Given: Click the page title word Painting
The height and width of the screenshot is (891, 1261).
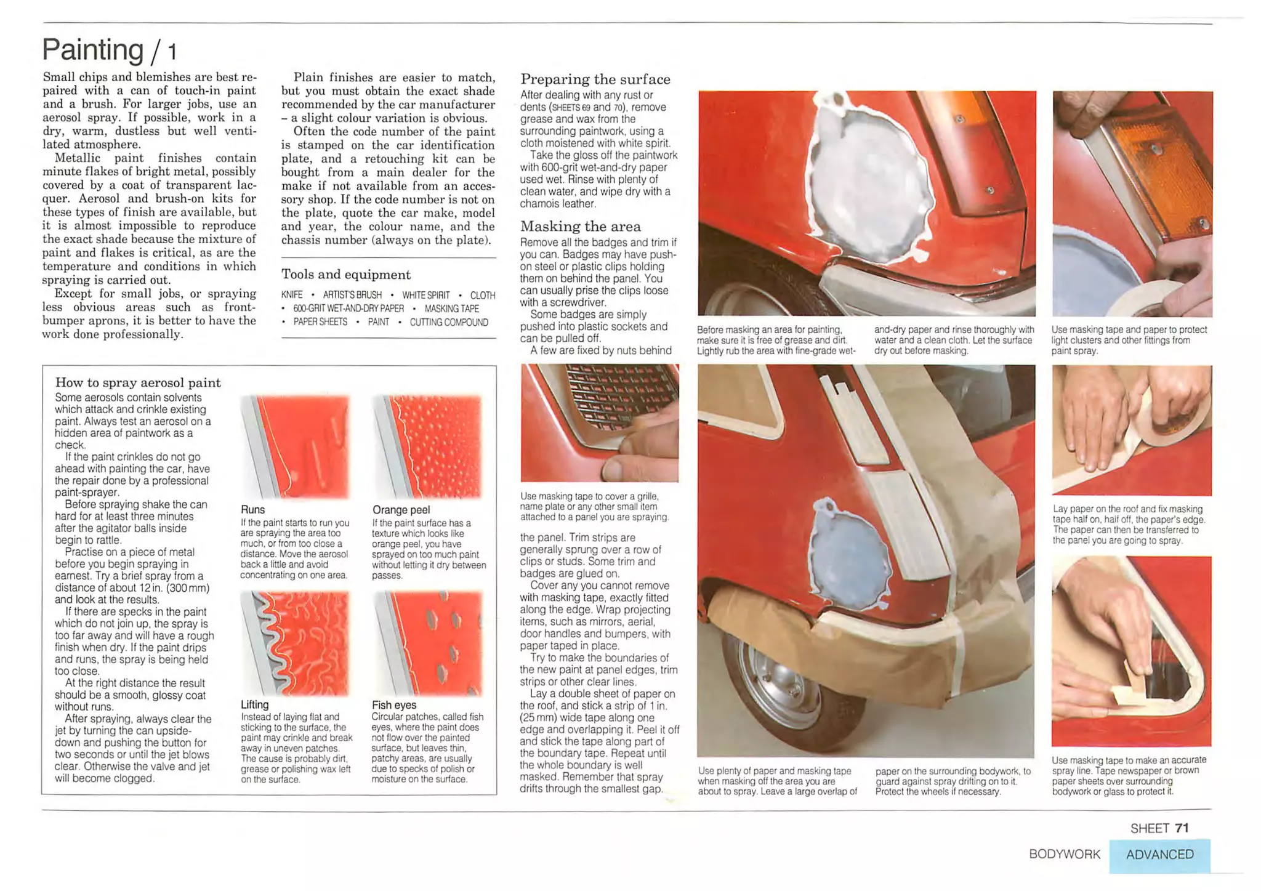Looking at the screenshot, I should tap(92, 49).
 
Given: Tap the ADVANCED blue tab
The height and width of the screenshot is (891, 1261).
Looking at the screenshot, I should tap(1159, 855).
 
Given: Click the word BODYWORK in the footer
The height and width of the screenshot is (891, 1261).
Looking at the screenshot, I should tap(1064, 855).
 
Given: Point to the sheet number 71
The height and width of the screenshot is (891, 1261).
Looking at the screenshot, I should tap(1182, 828).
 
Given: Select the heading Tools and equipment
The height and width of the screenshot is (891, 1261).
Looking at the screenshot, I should tap(345, 275).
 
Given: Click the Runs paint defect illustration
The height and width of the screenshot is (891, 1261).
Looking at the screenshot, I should tap(296, 446).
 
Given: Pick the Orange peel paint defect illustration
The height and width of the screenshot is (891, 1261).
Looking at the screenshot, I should tap(428, 446).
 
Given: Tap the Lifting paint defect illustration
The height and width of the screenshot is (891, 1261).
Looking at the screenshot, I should tap(296, 643).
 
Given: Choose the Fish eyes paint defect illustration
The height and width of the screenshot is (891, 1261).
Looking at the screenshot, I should tap(428, 643).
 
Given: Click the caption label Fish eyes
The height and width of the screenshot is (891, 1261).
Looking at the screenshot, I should tap(394, 705).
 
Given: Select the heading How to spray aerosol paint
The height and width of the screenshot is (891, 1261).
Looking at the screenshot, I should tap(138, 382).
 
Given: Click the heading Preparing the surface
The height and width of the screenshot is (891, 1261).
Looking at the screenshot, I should tap(595, 79).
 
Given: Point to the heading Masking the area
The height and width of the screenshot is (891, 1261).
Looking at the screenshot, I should tap(581, 227).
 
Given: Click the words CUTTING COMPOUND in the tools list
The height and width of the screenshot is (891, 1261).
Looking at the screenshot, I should tap(449, 323).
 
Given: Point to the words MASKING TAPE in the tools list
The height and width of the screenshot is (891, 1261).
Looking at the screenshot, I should tap(451, 309).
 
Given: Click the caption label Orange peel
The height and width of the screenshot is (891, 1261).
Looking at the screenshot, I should tap(401, 510).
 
